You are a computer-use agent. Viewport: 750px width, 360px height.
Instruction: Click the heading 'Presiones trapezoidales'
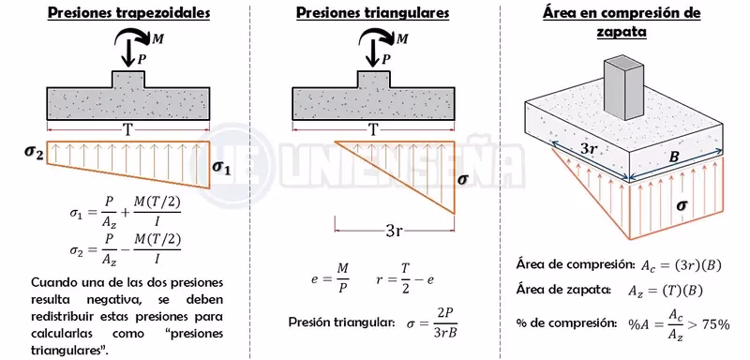coord(128,15)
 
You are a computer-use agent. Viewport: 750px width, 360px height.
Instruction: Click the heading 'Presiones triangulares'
coord(371,15)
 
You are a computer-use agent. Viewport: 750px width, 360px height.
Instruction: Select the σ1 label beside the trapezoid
coord(221,168)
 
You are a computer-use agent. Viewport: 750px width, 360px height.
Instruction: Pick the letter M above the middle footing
coord(403,39)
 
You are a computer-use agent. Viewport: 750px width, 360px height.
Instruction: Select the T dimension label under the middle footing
coord(374,129)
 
